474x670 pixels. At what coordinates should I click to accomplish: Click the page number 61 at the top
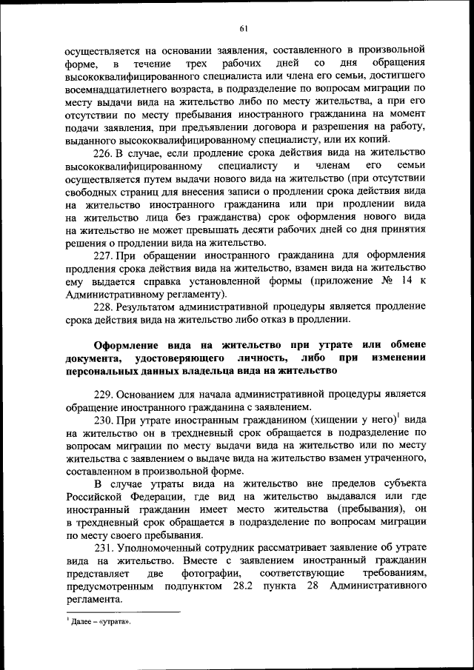click(x=242, y=29)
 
